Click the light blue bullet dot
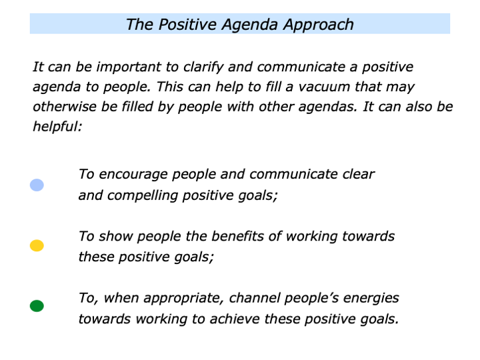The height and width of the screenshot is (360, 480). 37,185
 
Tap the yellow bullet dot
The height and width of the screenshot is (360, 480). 37,245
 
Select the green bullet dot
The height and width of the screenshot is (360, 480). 37,306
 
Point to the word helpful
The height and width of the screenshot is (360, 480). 57,126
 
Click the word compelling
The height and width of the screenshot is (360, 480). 140,195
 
